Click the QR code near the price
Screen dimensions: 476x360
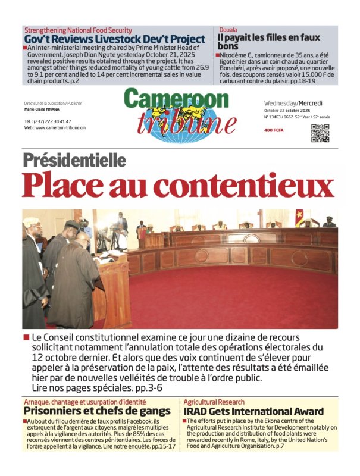click(x=320, y=134)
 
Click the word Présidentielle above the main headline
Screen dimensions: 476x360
click(x=74, y=160)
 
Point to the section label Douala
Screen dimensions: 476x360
click(x=227, y=29)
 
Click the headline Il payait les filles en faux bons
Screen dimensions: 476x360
click(x=269, y=42)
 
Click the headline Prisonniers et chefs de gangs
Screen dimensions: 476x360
click(x=97, y=411)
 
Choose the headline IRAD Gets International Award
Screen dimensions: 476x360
click(x=253, y=411)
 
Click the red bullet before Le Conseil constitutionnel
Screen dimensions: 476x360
click(x=26, y=338)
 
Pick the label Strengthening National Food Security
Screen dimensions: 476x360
click(x=78, y=30)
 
